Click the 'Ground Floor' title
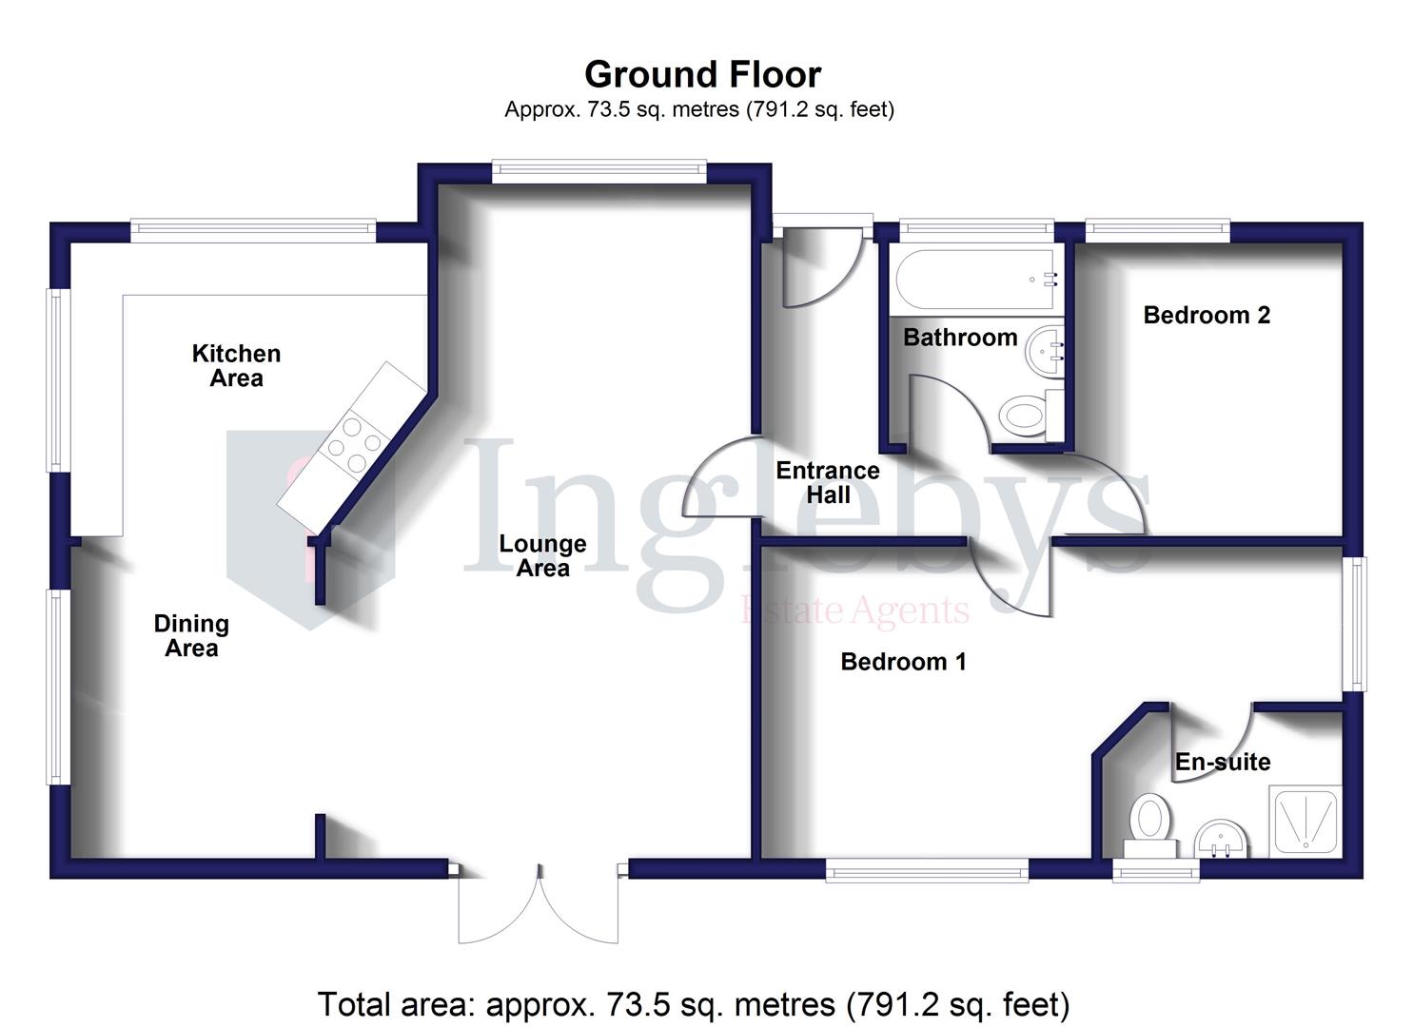702,74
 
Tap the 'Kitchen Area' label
236,366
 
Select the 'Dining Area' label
191,636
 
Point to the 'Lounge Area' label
542,556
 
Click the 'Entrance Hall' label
828,482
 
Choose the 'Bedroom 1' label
903,662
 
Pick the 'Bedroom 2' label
1207,316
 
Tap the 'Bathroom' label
960,338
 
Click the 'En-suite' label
1223,762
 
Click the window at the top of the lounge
599,171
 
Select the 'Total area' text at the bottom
694,1004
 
